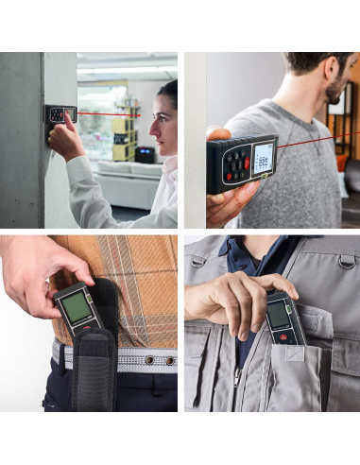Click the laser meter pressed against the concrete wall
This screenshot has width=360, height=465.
click(x=61, y=114)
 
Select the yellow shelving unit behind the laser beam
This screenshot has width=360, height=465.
click(x=123, y=138)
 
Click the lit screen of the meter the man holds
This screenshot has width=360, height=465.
click(x=262, y=157)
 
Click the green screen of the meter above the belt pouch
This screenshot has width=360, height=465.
click(x=77, y=307)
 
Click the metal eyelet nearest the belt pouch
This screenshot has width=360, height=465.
click(x=125, y=360)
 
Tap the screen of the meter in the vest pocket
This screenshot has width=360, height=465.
click(x=278, y=315)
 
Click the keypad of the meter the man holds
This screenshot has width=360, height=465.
click(x=235, y=167)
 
